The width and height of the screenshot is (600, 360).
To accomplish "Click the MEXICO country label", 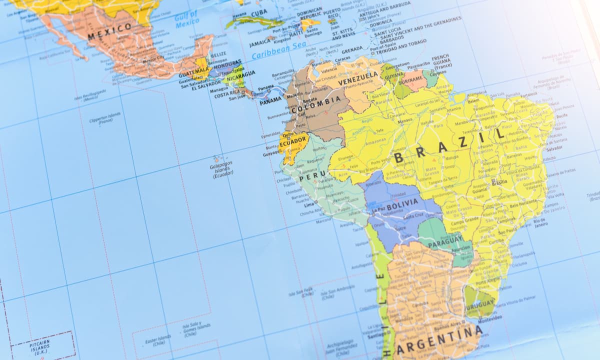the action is tap(110, 31).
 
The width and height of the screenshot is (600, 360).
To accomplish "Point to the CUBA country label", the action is tap(259, 13).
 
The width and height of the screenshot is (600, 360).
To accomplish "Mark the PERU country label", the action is tap(308, 176).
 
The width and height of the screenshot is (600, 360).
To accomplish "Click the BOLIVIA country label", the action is tap(401, 203).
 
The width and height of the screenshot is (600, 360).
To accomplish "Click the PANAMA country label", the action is tap(270, 100).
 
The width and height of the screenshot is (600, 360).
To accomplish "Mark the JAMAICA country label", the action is tap(260, 43).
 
